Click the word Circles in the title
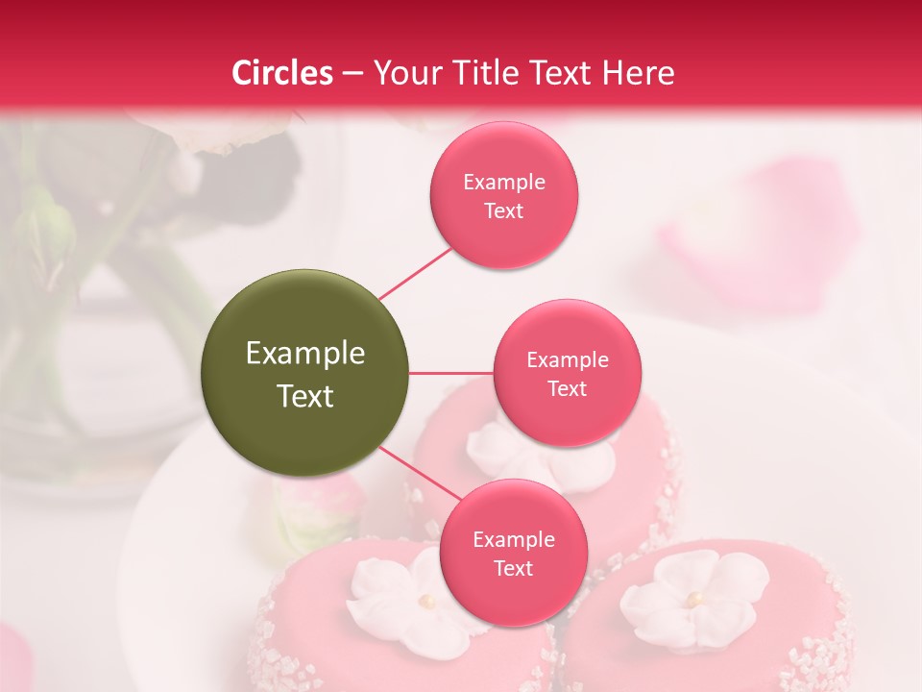(282, 73)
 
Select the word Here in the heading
(638, 73)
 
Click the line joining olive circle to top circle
(415, 274)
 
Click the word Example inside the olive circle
(305, 354)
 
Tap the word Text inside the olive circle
(305, 396)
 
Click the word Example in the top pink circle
(504, 183)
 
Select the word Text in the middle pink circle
(567, 389)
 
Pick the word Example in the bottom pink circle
(514, 540)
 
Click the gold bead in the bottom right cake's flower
(692, 599)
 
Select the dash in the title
(352, 74)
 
